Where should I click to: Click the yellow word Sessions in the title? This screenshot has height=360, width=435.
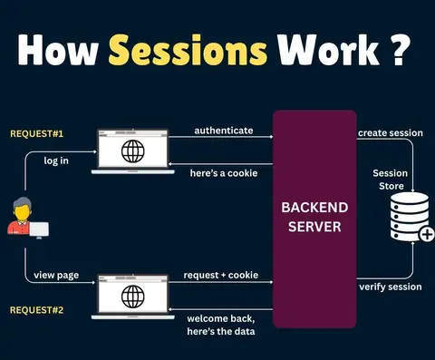188,50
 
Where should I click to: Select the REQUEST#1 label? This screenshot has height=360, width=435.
37,133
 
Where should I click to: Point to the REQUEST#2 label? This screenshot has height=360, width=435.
37,310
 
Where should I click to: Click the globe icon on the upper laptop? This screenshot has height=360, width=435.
133,151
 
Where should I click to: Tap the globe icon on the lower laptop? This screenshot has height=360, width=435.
133,297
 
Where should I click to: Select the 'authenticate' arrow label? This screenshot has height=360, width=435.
224,131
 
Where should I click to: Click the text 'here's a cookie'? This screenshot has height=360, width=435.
224,173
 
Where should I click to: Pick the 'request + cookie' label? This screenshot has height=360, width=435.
221,275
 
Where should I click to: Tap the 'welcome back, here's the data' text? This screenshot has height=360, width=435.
221,325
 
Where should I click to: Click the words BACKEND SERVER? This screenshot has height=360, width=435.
314,217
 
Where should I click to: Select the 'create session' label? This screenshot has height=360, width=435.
391,133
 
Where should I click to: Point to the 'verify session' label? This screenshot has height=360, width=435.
391,287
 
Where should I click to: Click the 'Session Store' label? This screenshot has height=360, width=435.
391,180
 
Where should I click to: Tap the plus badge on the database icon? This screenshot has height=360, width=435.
427,234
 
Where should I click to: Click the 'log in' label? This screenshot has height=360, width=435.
56,161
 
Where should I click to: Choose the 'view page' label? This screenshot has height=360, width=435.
56,276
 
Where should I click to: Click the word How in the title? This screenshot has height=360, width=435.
58,50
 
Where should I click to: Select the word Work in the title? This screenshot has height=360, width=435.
329,50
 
